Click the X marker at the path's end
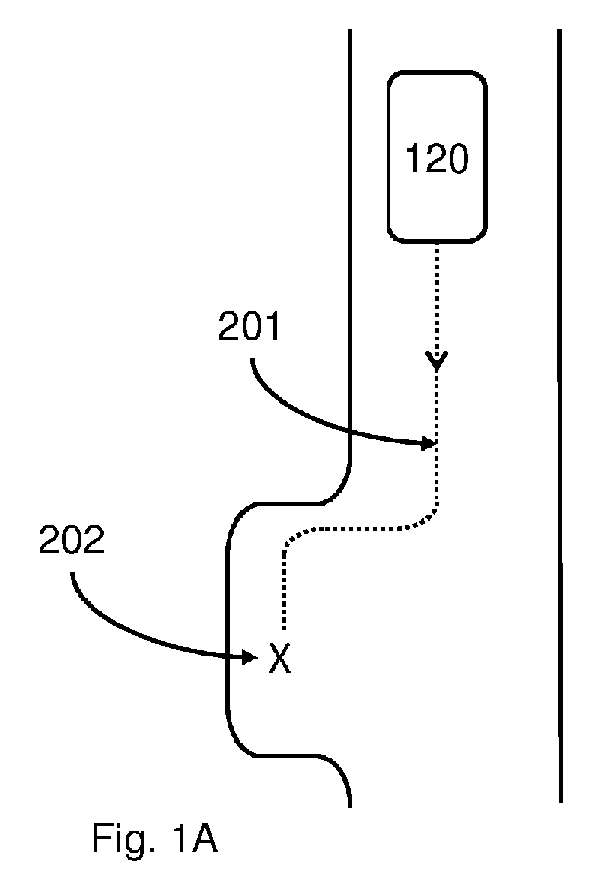[280, 659]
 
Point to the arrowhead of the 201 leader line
[428, 444]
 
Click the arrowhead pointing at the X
[250, 657]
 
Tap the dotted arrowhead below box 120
[436, 361]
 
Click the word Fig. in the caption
[119, 839]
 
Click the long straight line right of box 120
[560, 416]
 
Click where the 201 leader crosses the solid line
[351, 434]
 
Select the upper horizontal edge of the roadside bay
[289, 503]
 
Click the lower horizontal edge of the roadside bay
[289, 755]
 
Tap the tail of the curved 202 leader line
[72, 573]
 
